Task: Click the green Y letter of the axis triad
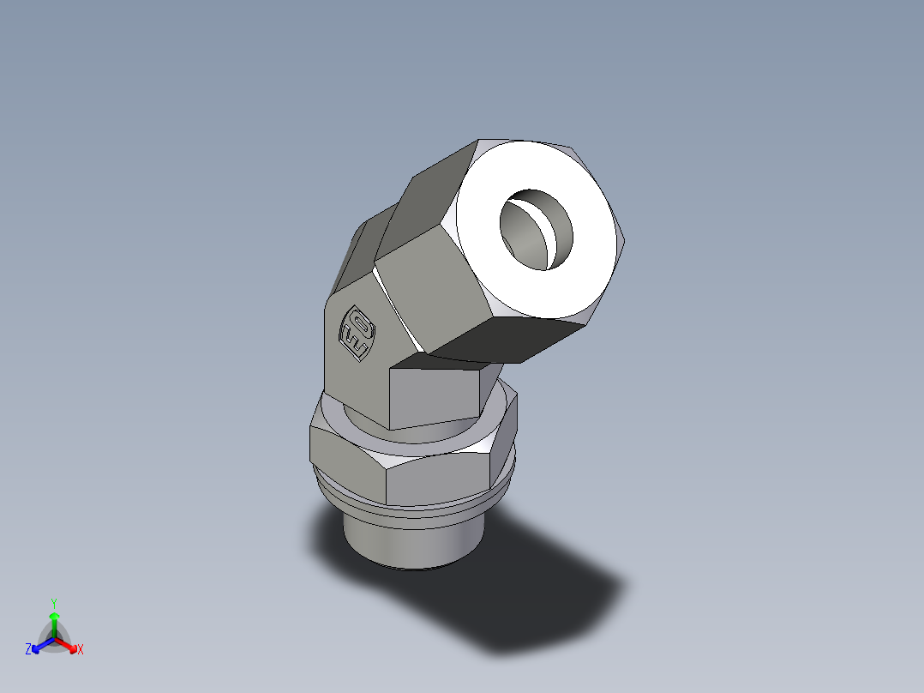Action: click(x=53, y=603)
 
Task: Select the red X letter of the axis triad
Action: click(x=81, y=650)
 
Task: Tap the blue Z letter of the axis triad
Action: click(x=28, y=650)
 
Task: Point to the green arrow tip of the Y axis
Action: click(x=54, y=617)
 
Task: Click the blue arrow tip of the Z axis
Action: click(x=37, y=647)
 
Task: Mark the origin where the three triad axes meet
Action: click(x=54, y=638)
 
